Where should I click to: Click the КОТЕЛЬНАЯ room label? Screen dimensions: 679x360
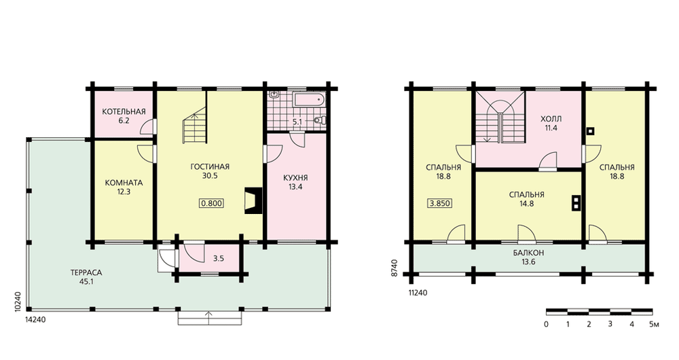point(124,112)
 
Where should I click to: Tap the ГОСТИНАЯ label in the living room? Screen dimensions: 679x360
point(210,167)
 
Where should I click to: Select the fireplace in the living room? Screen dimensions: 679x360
point(253,200)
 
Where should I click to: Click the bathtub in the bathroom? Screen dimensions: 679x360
point(309,99)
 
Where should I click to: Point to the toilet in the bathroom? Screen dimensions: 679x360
point(321,120)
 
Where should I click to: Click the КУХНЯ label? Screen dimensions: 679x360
point(295,178)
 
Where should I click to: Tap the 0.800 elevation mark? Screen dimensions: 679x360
point(212,203)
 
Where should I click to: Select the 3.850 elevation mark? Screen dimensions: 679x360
point(440,203)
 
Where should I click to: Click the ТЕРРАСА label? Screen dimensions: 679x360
point(87,273)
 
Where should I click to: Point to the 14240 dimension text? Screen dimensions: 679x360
point(35,319)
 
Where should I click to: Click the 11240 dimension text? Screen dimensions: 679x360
point(418,293)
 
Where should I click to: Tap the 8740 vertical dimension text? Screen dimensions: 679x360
point(394,268)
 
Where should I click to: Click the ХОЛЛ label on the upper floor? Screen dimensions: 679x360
point(551,119)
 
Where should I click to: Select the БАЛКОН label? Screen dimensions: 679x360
point(528,253)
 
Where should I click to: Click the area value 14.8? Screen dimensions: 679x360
point(527,204)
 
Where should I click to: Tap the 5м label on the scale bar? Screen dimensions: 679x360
point(654,324)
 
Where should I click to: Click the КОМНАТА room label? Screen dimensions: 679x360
point(124,183)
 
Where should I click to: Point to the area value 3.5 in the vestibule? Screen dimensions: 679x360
point(219,259)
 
